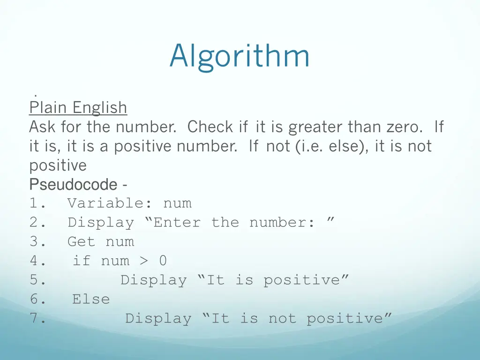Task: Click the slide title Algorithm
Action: (240, 56)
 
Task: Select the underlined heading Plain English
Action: (78, 108)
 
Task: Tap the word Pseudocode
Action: (73, 185)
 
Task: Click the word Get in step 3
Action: (82, 242)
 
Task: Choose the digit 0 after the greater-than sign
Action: (163, 261)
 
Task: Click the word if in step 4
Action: (82, 261)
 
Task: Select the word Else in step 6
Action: (91, 299)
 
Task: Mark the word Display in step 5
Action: (153, 280)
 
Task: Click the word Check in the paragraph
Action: (210, 127)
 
